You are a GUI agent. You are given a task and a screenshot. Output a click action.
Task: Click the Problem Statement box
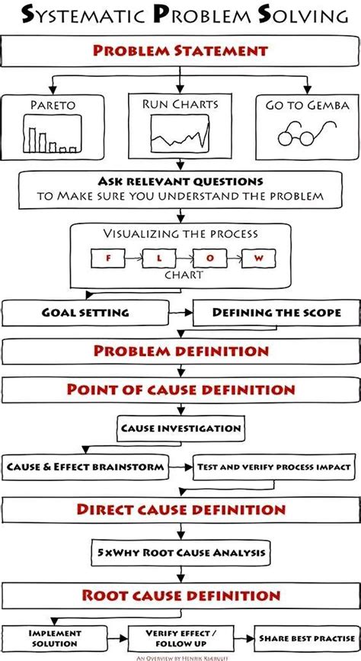click(180, 52)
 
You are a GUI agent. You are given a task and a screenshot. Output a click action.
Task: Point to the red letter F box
click(107, 258)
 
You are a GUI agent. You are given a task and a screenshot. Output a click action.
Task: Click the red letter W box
click(257, 258)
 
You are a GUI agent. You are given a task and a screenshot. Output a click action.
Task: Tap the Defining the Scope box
click(275, 313)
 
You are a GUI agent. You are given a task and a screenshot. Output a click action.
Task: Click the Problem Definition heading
click(180, 351)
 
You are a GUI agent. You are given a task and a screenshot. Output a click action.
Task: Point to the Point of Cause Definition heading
click(180, 390)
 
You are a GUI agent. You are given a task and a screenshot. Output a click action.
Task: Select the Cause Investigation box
click(180, 428)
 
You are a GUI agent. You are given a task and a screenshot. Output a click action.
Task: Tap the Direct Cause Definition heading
click(180, 509)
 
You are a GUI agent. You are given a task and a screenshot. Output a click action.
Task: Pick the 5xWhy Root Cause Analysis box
click(180, 550)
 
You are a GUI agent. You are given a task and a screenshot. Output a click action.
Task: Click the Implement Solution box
click(55, 637)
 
